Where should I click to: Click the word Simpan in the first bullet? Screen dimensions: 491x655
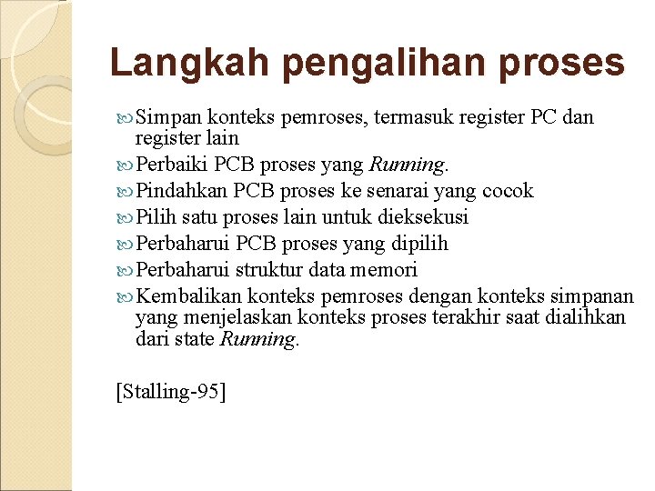169,117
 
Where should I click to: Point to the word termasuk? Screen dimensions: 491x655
415,117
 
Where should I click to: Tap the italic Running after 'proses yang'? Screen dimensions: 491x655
407,165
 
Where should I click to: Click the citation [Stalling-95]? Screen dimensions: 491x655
171,391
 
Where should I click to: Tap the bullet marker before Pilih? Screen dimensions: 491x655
126,218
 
